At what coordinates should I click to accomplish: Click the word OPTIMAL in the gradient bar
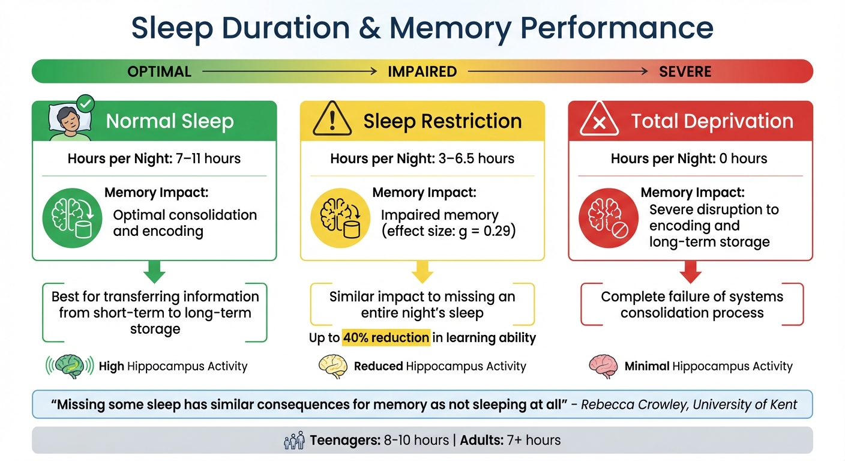click(159, 72)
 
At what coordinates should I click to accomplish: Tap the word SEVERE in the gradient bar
click(685, 72)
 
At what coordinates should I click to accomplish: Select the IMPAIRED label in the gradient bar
click(422, 72)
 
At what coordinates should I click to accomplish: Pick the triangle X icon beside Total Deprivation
click(600, 120)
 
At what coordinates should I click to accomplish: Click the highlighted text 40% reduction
click(386, 338)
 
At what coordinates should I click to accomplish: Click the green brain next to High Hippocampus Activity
click(70, 366)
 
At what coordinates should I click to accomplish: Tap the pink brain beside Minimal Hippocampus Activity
click(603, 366)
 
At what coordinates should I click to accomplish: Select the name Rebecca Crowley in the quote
click(634, 405)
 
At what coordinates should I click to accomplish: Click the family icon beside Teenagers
click(293, 441)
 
